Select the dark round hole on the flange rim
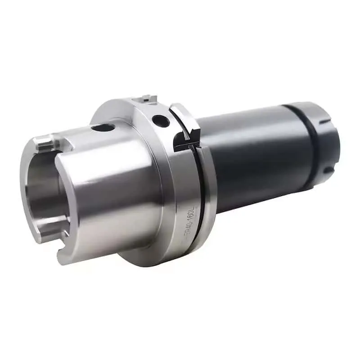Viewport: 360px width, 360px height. pyautogui.click(x=161, y=120)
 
